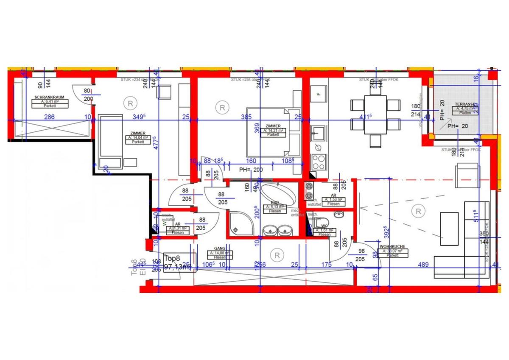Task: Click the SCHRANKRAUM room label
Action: click(50, 98)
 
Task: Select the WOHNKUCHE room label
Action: click(392, 246)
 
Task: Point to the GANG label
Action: click(219, 249)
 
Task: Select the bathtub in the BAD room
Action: click(278, 195)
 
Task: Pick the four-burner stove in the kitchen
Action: click(319, 162)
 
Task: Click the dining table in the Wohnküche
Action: click(375, 114)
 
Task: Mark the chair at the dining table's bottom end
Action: click(375, 140)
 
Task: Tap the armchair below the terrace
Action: click(467, 175)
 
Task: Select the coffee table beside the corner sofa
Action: click(449, 229)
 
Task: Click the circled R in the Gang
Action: click(277, 255)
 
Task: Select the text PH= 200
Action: click(251, 170)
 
